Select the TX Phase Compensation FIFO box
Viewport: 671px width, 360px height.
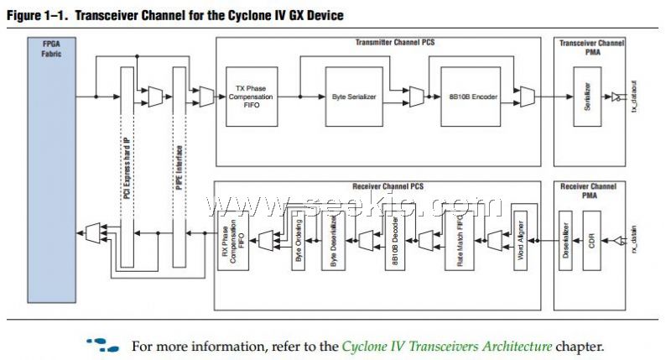(x=250, y=97)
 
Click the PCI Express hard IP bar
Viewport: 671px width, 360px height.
(x=127, y=168)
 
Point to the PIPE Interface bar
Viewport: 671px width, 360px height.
(x=179, y=168)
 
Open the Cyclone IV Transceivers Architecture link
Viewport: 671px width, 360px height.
(x=447, y=347)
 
